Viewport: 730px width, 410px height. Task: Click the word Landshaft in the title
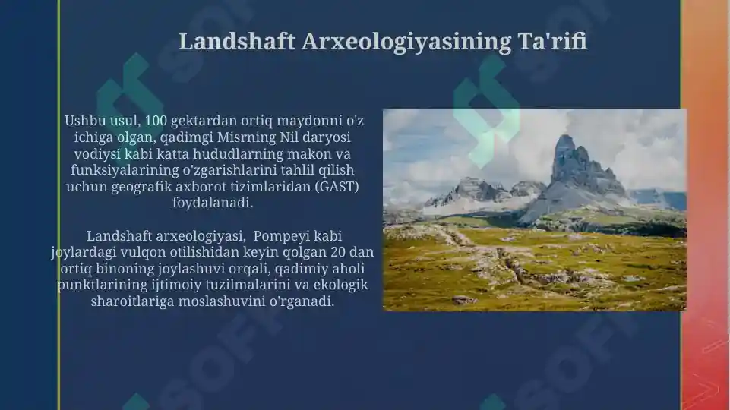(236, 41)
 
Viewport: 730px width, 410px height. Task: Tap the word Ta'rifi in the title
(552, 41)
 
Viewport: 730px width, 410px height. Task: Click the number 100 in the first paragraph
(156, 121)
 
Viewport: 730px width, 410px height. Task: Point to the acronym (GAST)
(337, 187)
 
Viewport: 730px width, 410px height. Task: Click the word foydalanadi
(213, 203)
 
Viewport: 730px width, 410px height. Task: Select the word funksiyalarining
(125, 170)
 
